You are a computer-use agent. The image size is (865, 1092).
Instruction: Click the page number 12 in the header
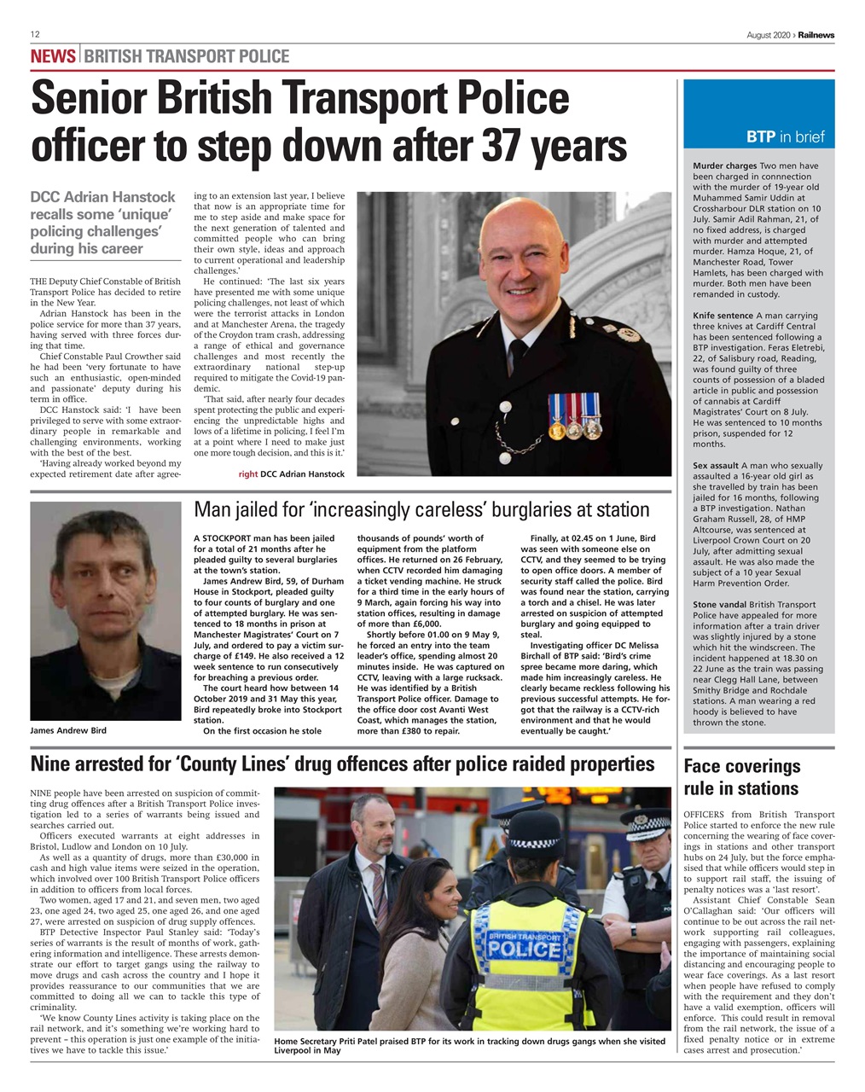(x=35, y=34)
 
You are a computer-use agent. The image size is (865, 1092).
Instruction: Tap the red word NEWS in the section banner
(x=53, y=57)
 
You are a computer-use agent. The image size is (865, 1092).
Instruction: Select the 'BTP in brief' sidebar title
(x=785, y=136)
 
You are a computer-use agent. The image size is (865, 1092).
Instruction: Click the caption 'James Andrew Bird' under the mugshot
(x=68, y=731)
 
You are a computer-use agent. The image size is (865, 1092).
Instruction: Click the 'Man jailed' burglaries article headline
(x=421, y=510)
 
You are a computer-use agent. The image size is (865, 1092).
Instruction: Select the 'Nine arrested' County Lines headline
(x=342, y=764)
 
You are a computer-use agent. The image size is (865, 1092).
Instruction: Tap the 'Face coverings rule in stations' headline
(x=741, y=777)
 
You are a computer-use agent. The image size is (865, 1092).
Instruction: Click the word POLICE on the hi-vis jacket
(x=524, y=950)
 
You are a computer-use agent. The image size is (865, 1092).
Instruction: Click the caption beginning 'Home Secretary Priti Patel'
(x=468, y=1045)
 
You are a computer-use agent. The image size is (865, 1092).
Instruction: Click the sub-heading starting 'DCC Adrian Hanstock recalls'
(x=102, y=223)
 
